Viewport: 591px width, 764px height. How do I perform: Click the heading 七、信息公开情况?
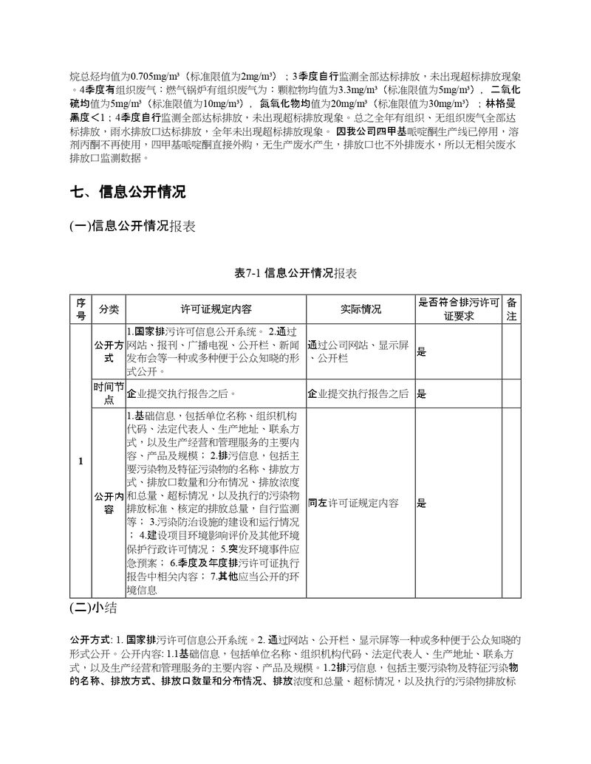click(x=127, y=193)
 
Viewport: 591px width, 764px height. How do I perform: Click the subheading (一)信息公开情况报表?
click(x=132, y=227)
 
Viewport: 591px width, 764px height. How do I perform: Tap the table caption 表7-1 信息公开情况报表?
click(x=295, y=273)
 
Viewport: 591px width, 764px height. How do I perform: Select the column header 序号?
click(x=81, y=309)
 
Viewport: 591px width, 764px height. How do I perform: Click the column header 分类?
click(x=109, y=309)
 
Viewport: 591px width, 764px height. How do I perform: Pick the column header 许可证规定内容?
click(x=215, y=309)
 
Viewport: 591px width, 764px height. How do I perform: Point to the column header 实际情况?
click(x=361, y=309)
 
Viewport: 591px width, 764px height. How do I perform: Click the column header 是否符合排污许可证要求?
click(x=458, y=309)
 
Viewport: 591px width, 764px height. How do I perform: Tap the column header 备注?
click(x=511, y=309)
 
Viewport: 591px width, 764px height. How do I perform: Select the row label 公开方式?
click(x=109, y=351)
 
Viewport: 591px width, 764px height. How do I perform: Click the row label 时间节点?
click(x=109, y=393)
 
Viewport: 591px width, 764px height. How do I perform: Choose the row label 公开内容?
click(x=109, y=503)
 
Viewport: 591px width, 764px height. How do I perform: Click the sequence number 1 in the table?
click(x=81, y=461)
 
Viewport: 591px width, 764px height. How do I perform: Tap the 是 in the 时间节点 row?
click(x=422, y=394)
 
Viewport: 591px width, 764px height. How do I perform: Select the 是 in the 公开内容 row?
click(x=422, y=503)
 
